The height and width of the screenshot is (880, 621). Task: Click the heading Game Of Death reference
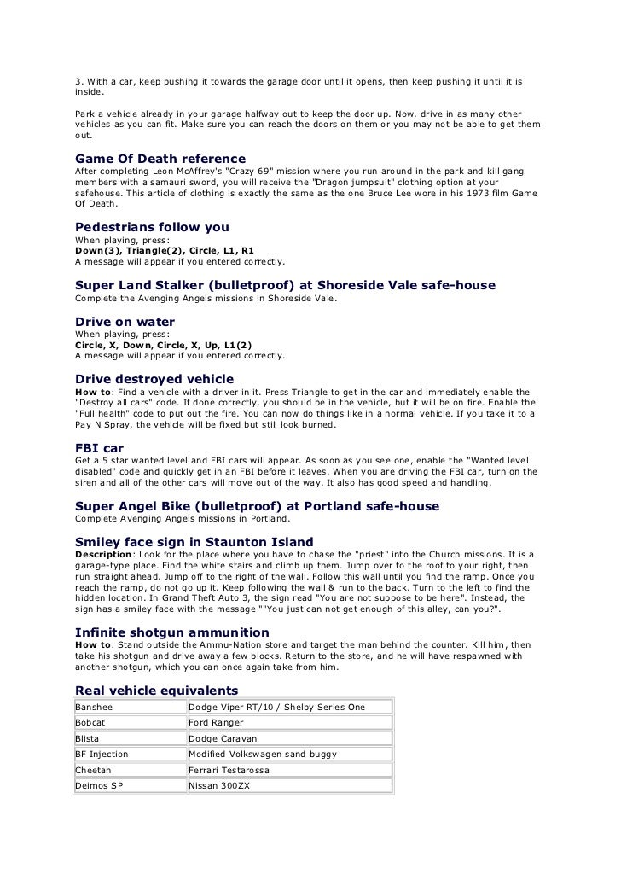(x=160, y=160)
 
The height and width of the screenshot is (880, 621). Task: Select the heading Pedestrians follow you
(x=152, y=228)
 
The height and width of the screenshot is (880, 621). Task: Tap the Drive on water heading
(x=125, y=322)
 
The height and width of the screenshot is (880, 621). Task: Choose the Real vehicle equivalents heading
(x=157, y=690)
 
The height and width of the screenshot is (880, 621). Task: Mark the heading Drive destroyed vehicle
(x=154, y=378)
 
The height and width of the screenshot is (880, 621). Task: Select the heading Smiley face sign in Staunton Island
(x=194, y=541)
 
